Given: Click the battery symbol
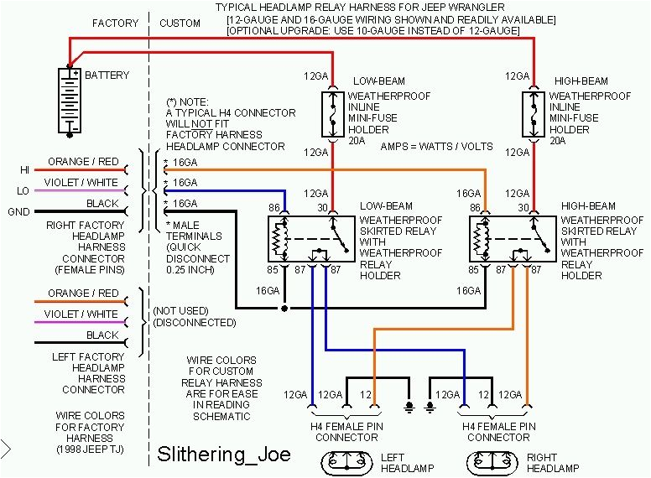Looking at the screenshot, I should pos(69,101).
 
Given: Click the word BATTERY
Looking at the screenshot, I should pos(107,75).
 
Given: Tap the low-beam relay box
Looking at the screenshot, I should pos(310,240).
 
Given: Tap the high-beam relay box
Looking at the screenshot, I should pos(511,240).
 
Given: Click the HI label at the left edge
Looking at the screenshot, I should pos(24,170).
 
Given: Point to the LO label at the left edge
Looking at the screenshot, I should pos(23,191).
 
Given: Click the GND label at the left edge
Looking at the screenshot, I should pos(19,212).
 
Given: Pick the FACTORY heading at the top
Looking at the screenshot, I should pos(116,23).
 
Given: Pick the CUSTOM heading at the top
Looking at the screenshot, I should pos(180,23).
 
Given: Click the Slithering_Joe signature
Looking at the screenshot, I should pos(224,455).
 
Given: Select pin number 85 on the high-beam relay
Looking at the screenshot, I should pos(474,270).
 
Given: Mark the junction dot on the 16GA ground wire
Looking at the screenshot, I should pos(285,309).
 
